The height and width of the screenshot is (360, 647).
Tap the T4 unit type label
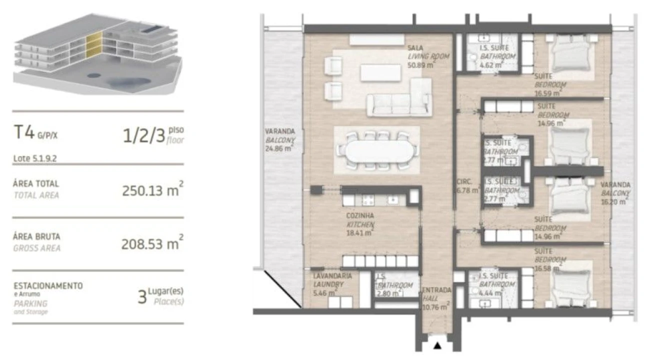[23, 133]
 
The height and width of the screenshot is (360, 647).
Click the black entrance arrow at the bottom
[437, 345]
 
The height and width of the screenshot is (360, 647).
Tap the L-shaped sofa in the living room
[400, 100]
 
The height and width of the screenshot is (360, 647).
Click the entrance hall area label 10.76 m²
[435, 305]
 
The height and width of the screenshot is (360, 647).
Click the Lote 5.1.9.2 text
[36, 158]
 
